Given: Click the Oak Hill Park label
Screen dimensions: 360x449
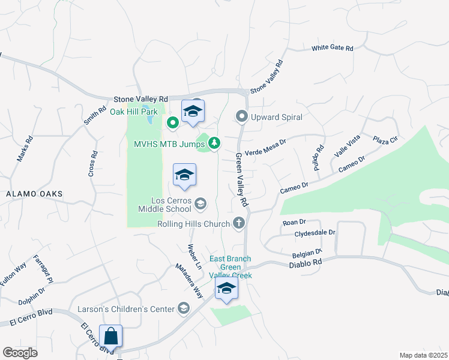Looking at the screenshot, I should click(133, 112).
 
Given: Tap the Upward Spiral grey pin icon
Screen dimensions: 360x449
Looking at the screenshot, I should click(242, 116).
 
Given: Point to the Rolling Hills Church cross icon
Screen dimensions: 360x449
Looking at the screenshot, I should click(239, 224).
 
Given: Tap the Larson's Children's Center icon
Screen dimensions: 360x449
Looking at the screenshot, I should click(184, 309).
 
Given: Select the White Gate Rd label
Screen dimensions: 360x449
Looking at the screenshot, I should click(332, 48).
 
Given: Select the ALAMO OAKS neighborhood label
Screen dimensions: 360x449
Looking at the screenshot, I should click(34, 194).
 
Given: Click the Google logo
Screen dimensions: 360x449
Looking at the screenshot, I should click(20, 353).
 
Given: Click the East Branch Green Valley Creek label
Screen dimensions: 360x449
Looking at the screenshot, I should click(230, 267).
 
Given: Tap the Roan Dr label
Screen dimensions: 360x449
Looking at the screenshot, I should click(294, 223).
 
